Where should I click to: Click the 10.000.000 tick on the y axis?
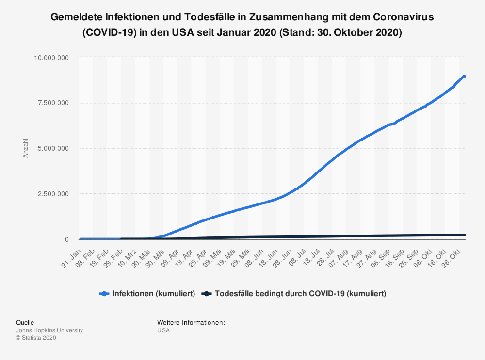point(51,58)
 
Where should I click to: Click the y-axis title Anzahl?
point(26,148)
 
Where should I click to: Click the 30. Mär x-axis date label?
point(156,256)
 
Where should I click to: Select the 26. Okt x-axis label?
point(451,256)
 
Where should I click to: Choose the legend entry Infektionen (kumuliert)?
point(154,294)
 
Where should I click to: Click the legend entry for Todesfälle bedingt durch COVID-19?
point(300,294)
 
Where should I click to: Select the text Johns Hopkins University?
point(49,330)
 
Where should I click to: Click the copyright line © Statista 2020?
point(36,338)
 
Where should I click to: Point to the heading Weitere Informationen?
point(191,322)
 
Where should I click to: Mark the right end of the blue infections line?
point(464,77)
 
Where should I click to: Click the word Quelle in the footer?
point(25,322)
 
